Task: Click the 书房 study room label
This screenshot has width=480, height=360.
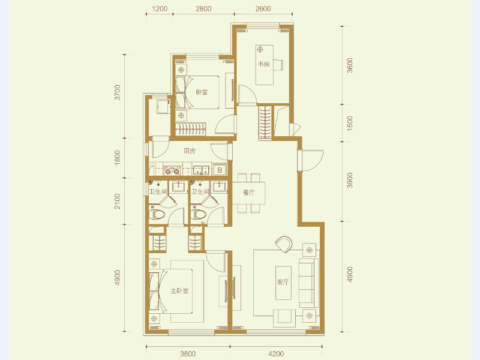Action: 263,64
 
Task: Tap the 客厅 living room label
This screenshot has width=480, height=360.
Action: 283,282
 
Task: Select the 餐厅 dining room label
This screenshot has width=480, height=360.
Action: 248,193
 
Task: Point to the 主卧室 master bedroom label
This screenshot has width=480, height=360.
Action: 179,290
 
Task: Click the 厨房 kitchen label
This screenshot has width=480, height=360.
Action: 190,151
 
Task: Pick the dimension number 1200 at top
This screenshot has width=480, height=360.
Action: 160,8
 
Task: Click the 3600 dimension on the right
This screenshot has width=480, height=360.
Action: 350,65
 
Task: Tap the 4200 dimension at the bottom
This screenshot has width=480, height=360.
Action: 276,354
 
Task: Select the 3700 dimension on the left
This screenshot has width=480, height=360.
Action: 117,92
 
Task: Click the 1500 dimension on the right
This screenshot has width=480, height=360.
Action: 350,124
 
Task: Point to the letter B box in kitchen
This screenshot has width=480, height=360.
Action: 220,170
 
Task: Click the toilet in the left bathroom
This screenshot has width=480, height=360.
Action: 157,214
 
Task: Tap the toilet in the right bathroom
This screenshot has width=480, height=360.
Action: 199,214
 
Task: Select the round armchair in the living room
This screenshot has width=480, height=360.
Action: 284,244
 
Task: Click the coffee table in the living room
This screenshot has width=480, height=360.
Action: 283,283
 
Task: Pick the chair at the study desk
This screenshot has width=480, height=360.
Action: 278,65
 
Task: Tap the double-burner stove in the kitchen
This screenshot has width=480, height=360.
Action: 172,170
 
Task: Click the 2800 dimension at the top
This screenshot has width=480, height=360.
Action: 203,8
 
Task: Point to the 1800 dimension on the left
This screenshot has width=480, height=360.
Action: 117,158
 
